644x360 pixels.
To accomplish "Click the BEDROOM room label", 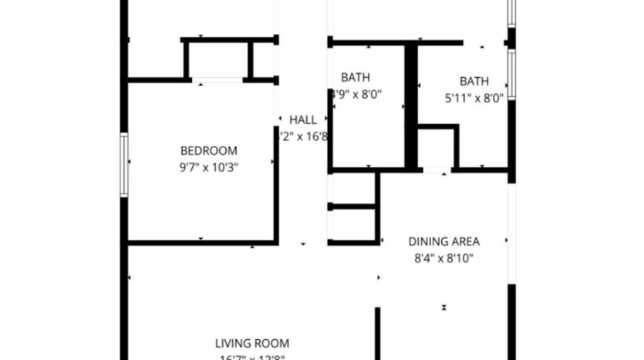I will tap(208, 151).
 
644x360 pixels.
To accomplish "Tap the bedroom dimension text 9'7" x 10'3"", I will tap(208, 167).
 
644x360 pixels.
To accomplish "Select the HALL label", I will tap(302, 120).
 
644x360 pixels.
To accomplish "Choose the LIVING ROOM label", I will tap(251, 343).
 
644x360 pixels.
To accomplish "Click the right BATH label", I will tap(474, 81).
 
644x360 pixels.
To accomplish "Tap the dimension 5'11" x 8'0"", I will tap(474, 98).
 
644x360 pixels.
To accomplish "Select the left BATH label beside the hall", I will tap(355, 77).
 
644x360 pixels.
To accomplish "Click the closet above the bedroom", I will tap(217, 59).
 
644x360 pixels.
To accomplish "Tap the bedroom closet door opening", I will tap(217, 79).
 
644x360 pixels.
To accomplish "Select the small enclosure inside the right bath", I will tap(437, 146).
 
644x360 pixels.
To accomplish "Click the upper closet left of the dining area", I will tap(352, 188).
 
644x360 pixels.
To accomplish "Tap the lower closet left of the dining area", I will tap(352, 224).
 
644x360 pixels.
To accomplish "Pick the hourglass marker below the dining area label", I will tap(444, 307).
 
